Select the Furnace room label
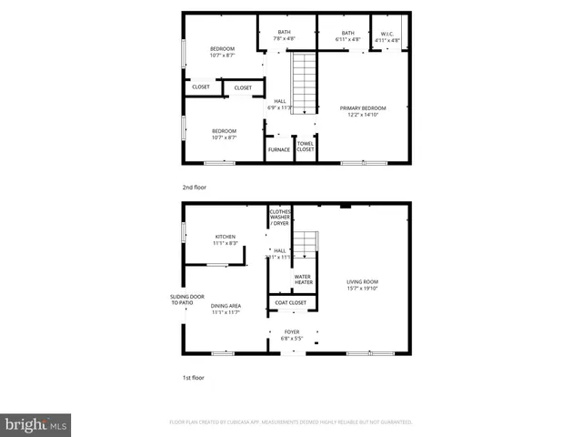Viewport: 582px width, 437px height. pos(279,149)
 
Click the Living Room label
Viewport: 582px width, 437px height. pos(362,285)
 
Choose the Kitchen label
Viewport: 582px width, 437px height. pos(226,239)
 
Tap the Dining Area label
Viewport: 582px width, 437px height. pos(226,309)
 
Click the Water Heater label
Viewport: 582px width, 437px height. pos(304,279)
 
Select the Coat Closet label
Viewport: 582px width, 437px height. pos(291,303)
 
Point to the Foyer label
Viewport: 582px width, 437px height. pos(292,334)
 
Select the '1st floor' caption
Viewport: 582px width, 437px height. pos(194,375)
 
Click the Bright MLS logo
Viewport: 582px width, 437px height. pos(36,423)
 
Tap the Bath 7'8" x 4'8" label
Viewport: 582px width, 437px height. pos(285,36)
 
